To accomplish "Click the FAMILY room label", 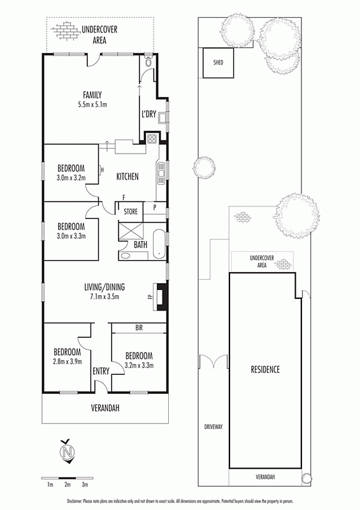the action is [x=92, y=95].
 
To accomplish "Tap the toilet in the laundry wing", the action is [x=148, y=62].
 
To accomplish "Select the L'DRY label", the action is [x=148, y=114].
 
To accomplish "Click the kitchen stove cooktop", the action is [x=152, y=139].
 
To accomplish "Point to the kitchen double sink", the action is [x=161, y=173].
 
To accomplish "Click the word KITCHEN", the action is [x=127, y=177].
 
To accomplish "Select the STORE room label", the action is [x=131, y=212].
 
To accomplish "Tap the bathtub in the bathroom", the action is [x=159, y=244].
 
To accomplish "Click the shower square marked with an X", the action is [x=131, y=231].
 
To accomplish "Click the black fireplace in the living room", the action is [x=162, y=297].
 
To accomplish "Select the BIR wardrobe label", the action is [x=139, y=328].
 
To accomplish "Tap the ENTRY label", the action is [x=101, y=371].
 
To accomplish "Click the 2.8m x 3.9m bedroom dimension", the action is [x=68, y=361].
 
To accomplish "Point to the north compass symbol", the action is [x=68, y=451].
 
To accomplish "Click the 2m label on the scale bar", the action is [x=68, y=484].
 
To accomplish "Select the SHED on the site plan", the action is [x=218, y=62].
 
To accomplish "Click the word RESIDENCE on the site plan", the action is [x=265, y=370].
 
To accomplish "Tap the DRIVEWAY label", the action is [x=213, y=426].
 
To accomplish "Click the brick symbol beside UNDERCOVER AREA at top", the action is [x=66, y=31].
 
